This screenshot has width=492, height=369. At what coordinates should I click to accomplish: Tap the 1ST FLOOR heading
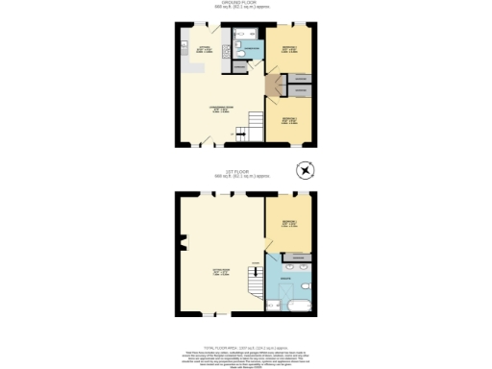tap(245, 174)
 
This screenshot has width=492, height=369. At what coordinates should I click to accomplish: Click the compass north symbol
tap(307, 172)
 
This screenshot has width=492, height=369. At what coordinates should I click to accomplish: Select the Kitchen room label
tap(204, 48)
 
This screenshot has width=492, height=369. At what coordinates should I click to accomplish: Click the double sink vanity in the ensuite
tap(290, 260)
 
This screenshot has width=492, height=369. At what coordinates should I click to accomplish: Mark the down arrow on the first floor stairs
tap(256, 265)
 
